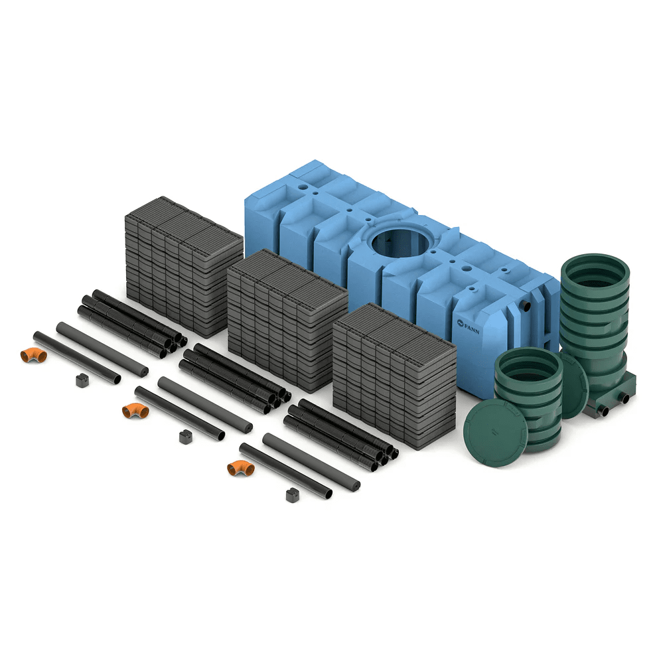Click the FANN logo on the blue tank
click(x=468, y=326)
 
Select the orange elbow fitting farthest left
click(x=34, y=355)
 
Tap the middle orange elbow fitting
click(x=135, y=411)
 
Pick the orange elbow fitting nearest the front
click(x=241, y=468)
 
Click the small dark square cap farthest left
click(x=82, y=380)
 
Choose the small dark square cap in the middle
click(x=186, y=437)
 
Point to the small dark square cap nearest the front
click(x=293, y=495)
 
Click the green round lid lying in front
click(x=495, y=433)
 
